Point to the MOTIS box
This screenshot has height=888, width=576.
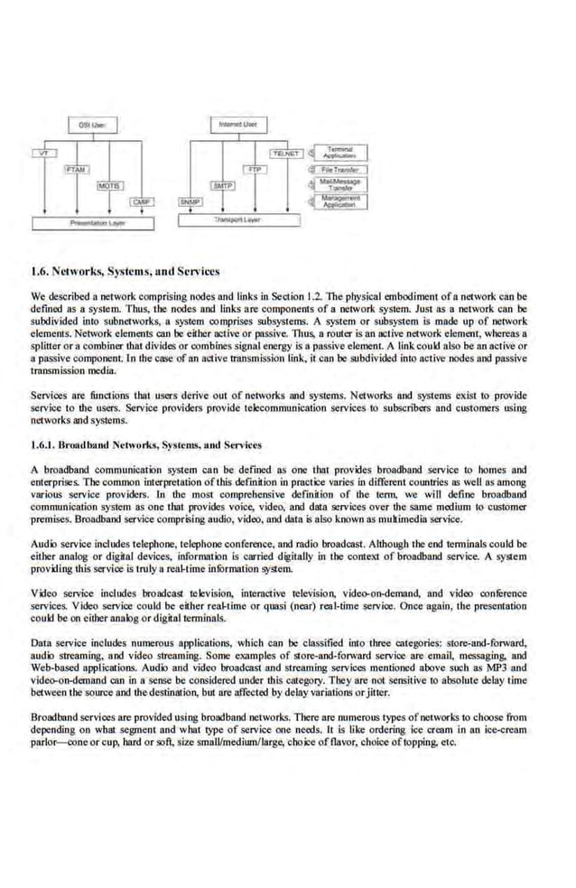click(109, 184)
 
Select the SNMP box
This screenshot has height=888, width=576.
click(190, 201)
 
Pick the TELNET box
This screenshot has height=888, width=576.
click(286, 154)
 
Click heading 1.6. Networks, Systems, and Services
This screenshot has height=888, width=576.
click(125, 270)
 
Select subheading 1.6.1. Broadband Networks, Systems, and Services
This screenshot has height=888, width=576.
click(146, 444)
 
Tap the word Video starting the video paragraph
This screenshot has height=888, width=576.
click(43, 593)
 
